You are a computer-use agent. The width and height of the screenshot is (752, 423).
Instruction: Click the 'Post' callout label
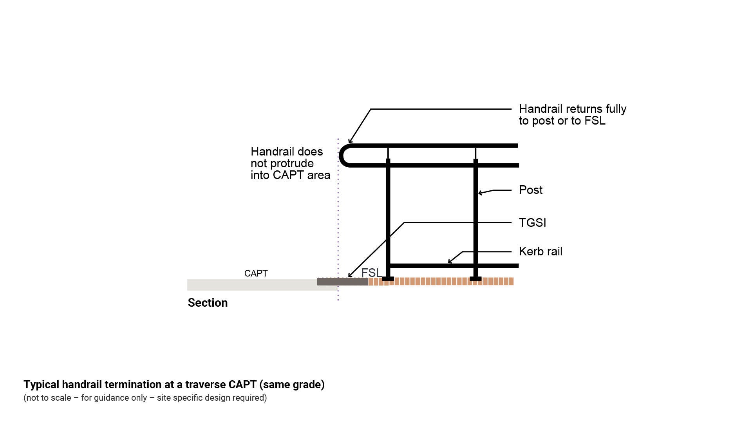(x=530, y=190)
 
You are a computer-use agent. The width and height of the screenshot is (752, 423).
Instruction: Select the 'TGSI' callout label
(x=532, y=223)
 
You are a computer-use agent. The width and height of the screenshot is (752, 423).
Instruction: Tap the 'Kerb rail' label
(x=540, y=251)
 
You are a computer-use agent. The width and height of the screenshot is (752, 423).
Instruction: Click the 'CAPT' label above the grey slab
(x=256, y=273)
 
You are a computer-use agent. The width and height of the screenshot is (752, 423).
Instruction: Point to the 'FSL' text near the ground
(x=371, y=273)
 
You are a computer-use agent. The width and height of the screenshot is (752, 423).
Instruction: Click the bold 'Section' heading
(x=208, y=303)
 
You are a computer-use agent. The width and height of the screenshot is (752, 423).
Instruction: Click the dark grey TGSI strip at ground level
(x=342, y=282)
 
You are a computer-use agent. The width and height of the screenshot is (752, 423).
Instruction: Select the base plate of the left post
(x=388, y=279)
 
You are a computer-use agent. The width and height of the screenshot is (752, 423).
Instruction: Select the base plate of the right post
(x=475, y=279)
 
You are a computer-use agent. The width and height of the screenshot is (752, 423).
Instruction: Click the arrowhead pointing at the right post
(x=480, y=193)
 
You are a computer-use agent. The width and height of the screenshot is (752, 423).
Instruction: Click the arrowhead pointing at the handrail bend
(x=350, y=141)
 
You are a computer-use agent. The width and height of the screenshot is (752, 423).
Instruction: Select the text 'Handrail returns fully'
(x=572, y=109)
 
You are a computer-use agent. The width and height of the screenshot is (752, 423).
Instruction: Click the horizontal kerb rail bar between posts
(x=431, y=266)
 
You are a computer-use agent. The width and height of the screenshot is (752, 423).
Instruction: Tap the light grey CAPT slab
(x=251, y=285)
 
